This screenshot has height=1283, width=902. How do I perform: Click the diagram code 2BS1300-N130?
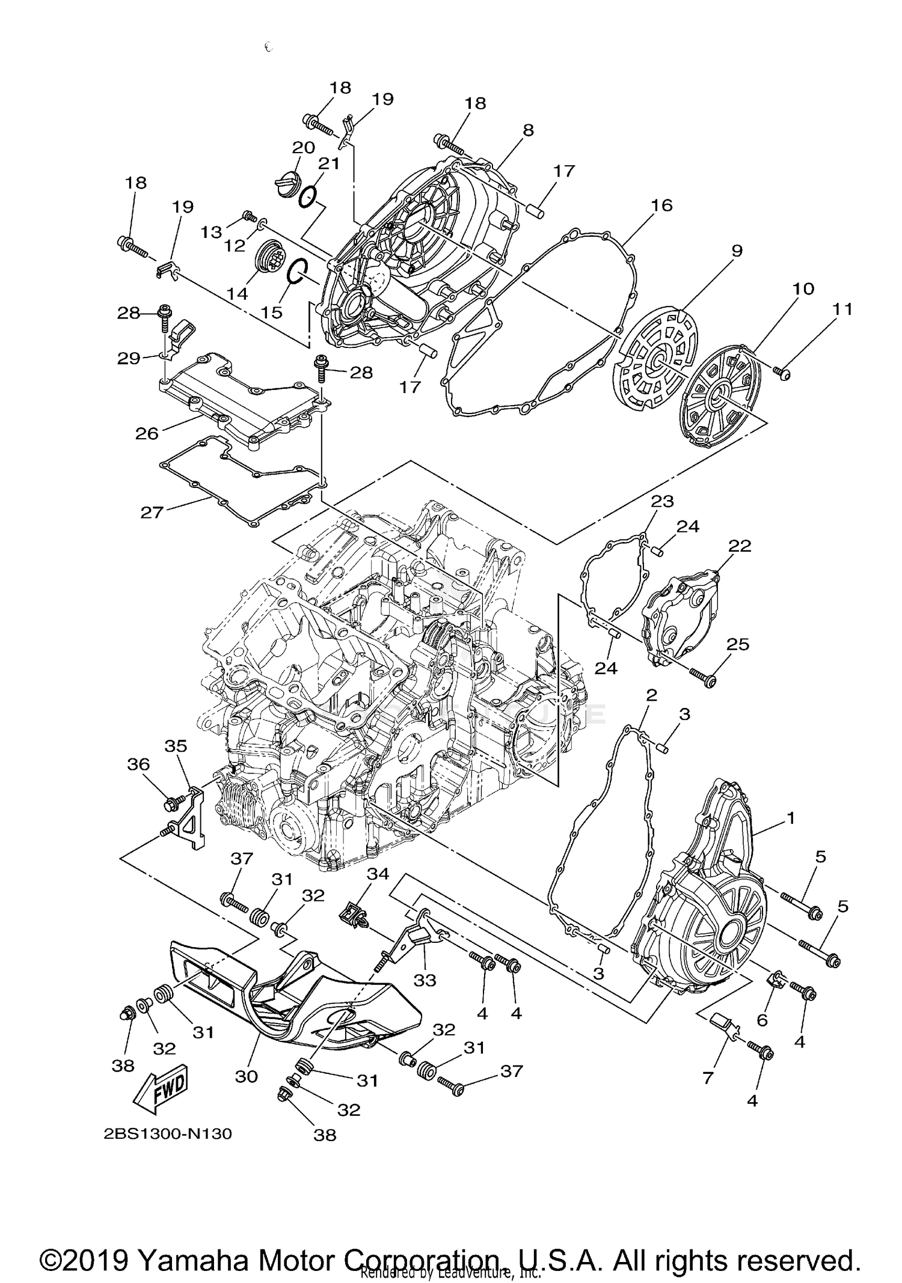click(168, 1134)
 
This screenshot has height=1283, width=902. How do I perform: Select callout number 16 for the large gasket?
click(661, 206)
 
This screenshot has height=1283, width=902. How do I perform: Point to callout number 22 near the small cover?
click(740, 546)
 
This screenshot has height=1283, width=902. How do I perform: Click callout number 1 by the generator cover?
click(791, 818)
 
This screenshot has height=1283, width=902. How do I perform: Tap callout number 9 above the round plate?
click(737, 251)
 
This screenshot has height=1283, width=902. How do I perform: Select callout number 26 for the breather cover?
click(147, 433)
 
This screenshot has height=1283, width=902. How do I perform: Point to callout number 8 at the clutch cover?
click(528, 130)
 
